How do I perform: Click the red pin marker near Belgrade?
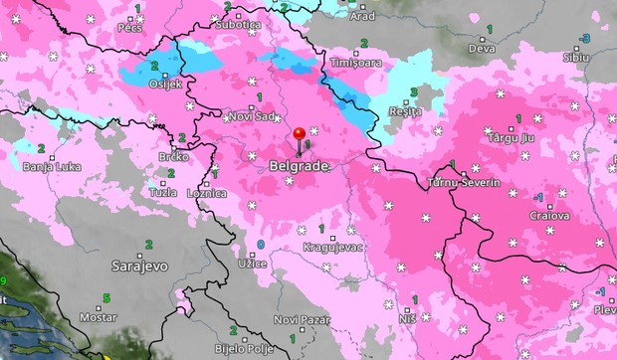[299, 135]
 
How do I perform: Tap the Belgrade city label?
[299, 166]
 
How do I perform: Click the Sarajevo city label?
[139, 267]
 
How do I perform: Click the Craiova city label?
[548, 215]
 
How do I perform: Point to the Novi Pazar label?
[300, 319]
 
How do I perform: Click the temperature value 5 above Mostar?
[105, 297]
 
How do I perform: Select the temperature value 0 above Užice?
[261, 244]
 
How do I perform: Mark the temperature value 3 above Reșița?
[413, 92]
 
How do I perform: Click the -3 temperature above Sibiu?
[585, 38]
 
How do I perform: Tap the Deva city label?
[482, 47]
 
